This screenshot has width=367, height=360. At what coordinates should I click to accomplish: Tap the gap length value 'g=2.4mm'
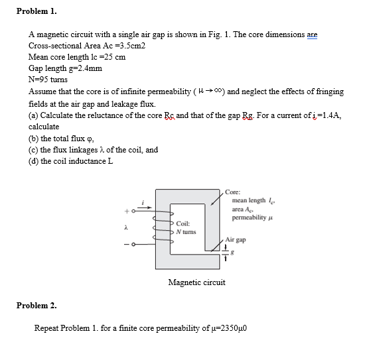point(65,68)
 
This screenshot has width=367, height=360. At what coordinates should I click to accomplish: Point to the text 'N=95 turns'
point(48,79)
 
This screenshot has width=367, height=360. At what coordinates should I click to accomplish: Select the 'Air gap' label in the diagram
point(236,239)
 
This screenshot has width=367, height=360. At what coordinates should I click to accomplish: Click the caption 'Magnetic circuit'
point(197,282)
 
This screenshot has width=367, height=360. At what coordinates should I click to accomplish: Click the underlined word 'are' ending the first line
point(309,34)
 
